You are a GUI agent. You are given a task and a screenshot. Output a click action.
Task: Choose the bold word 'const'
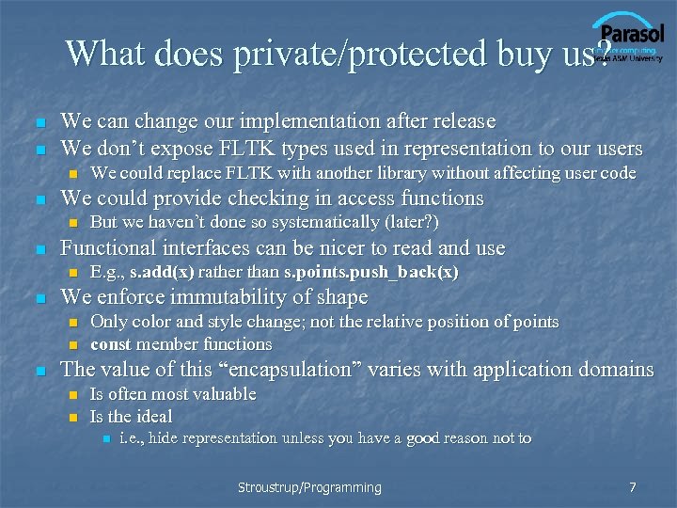click(111, 344)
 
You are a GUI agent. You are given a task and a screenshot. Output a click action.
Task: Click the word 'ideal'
click(154, 416)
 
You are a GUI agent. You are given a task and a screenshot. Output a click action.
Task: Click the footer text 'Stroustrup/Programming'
click(309, 487)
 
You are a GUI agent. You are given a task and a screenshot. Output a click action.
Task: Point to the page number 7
click(633, 487)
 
